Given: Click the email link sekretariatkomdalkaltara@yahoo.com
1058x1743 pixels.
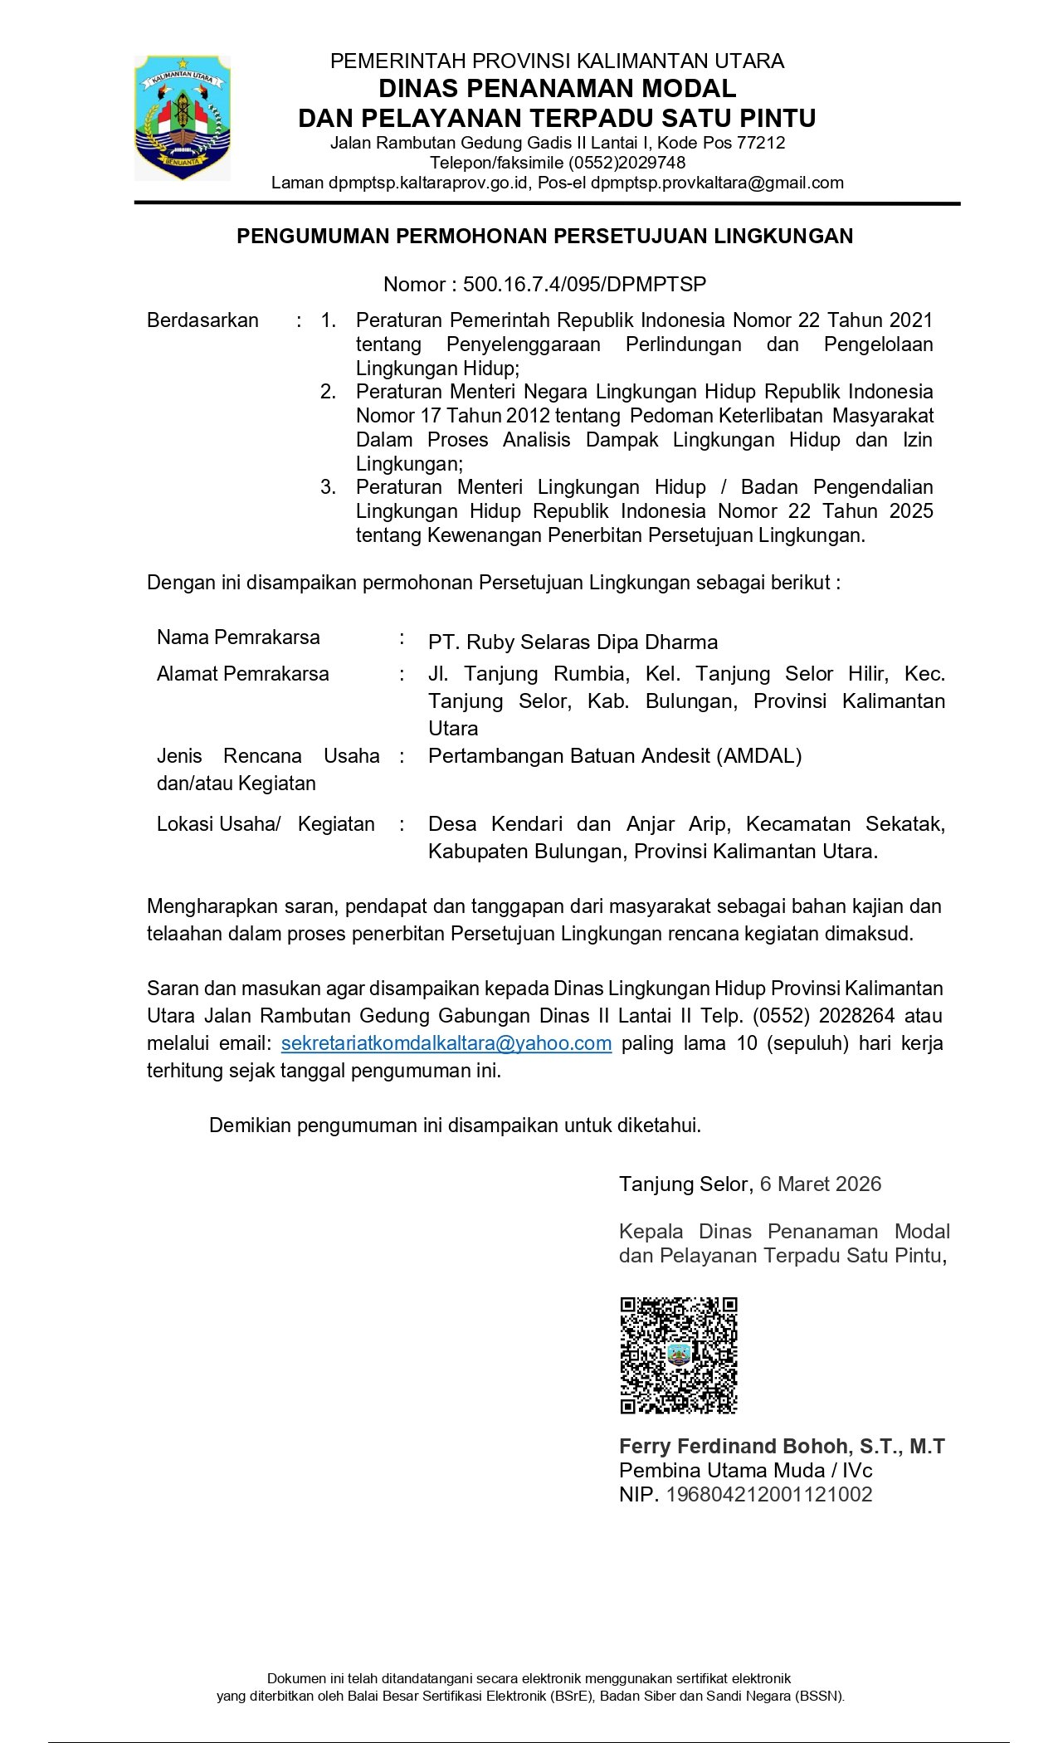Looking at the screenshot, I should pos(446,1043).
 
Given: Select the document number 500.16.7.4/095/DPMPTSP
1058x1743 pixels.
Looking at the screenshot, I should pos(584,285).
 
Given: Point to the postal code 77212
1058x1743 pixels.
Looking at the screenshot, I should pos(760,143).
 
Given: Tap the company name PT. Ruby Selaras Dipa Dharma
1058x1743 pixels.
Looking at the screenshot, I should pos(573,642).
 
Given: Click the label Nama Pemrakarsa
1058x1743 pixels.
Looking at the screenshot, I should pos(238,637).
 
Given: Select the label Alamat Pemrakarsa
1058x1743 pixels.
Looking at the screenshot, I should pos(242,674).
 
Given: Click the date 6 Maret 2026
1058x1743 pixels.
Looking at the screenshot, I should pos(820,1184).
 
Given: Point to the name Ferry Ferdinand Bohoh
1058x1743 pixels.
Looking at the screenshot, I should pos(734,1447).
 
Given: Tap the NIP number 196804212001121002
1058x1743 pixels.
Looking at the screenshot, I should pos(769,1495).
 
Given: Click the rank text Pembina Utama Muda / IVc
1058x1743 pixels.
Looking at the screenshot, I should pos(745,1471).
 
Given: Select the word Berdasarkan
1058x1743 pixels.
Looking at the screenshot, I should pos(202,320).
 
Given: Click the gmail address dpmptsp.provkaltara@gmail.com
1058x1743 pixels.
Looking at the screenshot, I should pos(717,183).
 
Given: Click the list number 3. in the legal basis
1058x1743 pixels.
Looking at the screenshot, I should pos(329,487).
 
